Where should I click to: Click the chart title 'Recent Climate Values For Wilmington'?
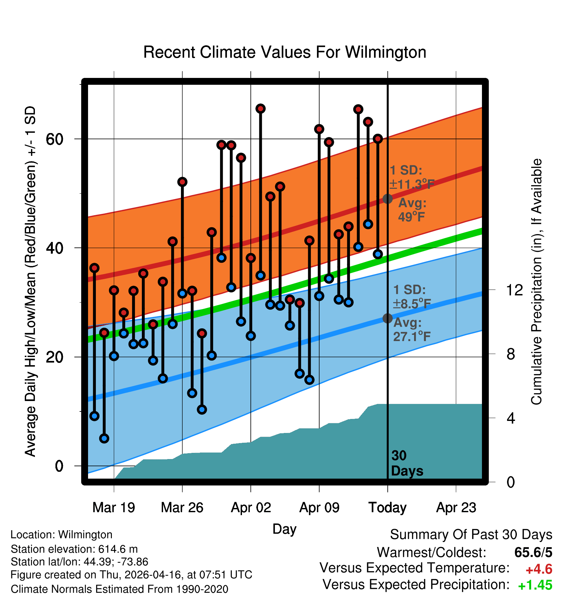click(285, 52)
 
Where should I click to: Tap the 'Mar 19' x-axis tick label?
click(114, 507)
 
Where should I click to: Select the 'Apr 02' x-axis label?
click(251, 507)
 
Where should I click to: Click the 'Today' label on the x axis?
click(387, 508)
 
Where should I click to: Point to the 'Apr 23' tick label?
click(456, 507)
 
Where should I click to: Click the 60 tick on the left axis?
click(54, 139)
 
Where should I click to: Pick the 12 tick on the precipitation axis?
click(515, 290)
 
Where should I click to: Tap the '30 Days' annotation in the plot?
click(407, 463)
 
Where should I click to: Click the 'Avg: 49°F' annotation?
click(412, 210)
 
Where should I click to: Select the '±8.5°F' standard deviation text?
click(412, 304)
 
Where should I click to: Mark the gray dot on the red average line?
click(387, 199)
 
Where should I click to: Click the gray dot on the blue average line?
click(387, 318)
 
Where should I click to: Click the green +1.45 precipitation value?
click(535, 585)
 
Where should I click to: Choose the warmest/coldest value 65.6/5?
click(533, 552)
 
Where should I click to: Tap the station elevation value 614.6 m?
click(118, 549)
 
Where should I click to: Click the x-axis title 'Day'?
click(284, 529)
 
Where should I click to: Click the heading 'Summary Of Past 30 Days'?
click(471, 535)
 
